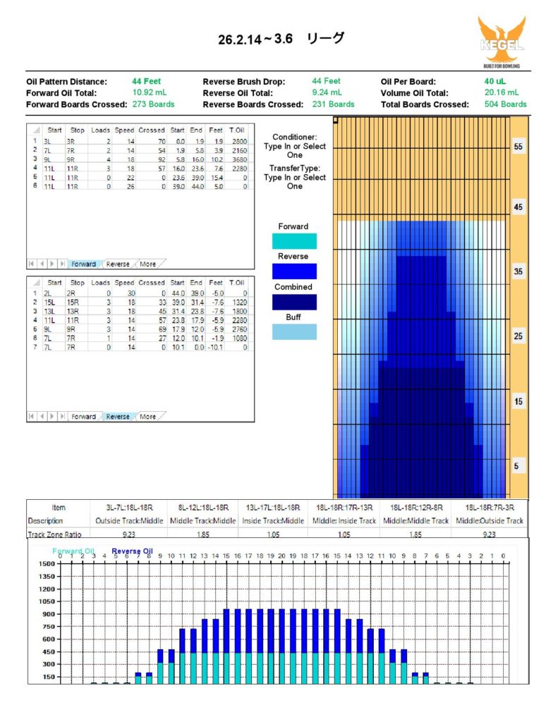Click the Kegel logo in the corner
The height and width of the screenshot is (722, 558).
pyautogui.click(x=502, y=42)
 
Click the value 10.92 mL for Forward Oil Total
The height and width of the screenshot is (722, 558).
pyautogui.click(x=150, y=92)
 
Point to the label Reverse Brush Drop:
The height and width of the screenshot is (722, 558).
pyautogui.click(x=243, y=82)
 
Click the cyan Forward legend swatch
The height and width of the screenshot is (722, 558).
pyautogui.click(x=293, y=241)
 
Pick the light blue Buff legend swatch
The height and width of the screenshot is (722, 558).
pyautogui.click(x=293, y=332)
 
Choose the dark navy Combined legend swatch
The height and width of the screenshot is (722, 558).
pyautogui.click(x=293, y=302)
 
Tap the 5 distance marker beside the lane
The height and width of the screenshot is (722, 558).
pyautogui.click(x=518, y=467)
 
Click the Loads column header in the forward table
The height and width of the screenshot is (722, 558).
pyautogui.click(x=101, y=130)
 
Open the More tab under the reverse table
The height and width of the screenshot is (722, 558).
pyautogui.click(x=147, y=417)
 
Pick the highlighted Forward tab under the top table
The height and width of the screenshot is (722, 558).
pyautogui.click(x=83, y=264)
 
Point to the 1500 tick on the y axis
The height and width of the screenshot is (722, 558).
pyautogui.click(x=47, y=565)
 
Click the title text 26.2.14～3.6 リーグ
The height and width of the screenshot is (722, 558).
pyautogui.click(x=281, y=39)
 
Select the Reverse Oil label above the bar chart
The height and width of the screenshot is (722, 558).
pyautogui.click(x=132, y=552)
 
